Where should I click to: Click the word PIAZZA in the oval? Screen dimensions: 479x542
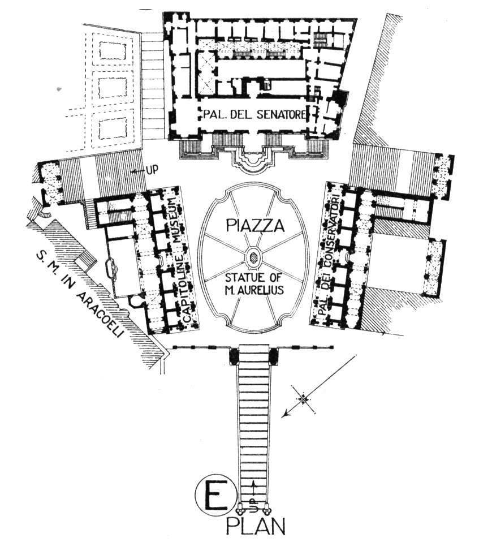pos(255,226)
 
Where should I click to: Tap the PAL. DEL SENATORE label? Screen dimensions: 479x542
pos(254,114)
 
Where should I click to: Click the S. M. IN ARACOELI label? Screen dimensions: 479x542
pos(80,295)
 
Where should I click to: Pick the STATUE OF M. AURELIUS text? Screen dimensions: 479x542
pos(254,284)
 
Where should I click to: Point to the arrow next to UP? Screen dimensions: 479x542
pos(139,171)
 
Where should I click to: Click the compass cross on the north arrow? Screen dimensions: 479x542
pos(303,399)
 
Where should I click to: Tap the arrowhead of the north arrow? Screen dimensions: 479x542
pos(284,415)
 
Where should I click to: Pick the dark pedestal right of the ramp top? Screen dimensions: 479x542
pos(274,357)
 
